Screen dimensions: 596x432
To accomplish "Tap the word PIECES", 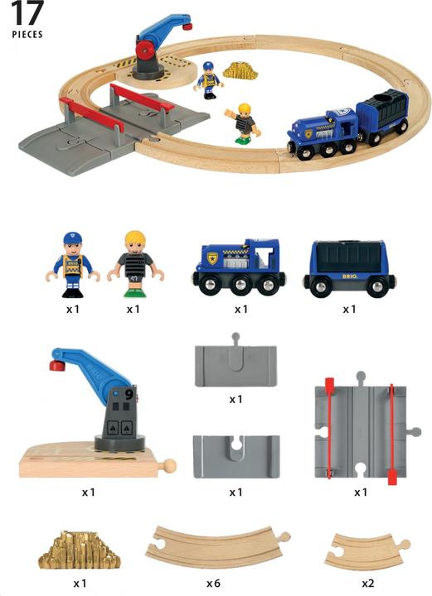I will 27,36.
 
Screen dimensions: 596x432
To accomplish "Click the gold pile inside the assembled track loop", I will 240,70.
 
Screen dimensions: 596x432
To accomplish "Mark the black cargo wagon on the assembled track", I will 382,116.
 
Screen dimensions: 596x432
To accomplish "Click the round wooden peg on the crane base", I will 170,466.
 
